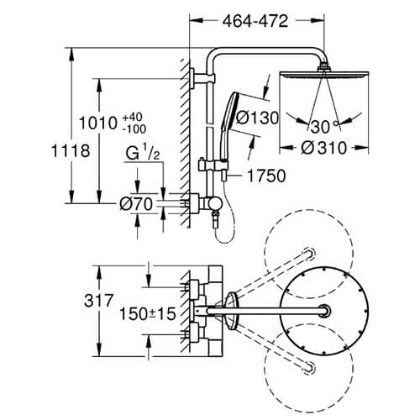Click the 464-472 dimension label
[255, 21]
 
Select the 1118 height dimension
[71, 151]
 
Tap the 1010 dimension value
[97, 123]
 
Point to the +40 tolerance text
[133, 117]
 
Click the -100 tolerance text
[134, 129]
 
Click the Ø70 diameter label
[136, 204]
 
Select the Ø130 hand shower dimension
[257, 118]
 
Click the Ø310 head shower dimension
[324, 148]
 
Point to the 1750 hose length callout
[267, 176]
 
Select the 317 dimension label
[99, 301]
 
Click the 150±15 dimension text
[148, 313]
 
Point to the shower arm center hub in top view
[325, 311]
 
